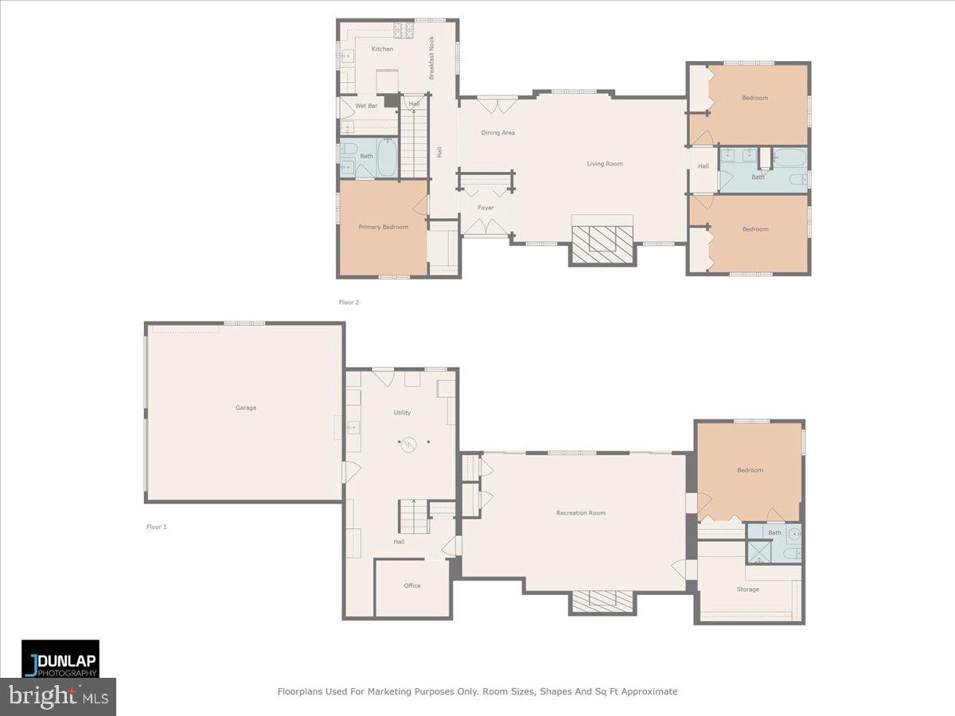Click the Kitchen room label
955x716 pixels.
click(x=382, y=49)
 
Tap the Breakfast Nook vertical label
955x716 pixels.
click(x=432, y=57)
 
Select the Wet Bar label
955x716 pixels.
click(x=366, y=106)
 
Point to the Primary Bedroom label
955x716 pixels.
click(x=383, y=228)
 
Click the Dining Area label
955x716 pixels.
click(x=497, y=133)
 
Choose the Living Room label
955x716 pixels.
click(x=605, y=164)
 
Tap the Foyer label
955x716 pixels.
click(x=485, y=208)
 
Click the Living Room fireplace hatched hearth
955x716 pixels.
click(x=602, y=238)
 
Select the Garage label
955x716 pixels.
click(x=246, y=408)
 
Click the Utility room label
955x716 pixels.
click(x=402, y=413)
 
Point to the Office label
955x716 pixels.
click(x=411, y=586)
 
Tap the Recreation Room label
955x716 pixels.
click(x=580, y=513)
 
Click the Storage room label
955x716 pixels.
click(x=747, y=590)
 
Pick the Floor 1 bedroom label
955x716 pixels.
click(x=750, y=470)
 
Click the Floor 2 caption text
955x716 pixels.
click(x=349, y=302)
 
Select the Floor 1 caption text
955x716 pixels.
click(x=157, y=527)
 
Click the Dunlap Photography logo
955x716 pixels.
click(x=60, y=659)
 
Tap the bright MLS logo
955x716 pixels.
click(x=57, y=697)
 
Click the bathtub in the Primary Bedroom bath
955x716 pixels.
click(x=387, y=158)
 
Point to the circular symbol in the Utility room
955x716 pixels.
click(x=409, y=445)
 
